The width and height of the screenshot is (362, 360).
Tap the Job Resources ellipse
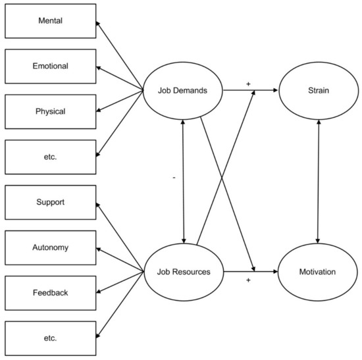[x=182, y=271]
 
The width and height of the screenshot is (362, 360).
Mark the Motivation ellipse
[x=319, y=271]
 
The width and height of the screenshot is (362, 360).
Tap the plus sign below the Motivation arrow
[x=248, y=280]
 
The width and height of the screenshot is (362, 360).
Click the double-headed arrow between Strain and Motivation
[x=319, y=181]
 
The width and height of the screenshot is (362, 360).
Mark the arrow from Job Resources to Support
[x=120, y=236]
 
